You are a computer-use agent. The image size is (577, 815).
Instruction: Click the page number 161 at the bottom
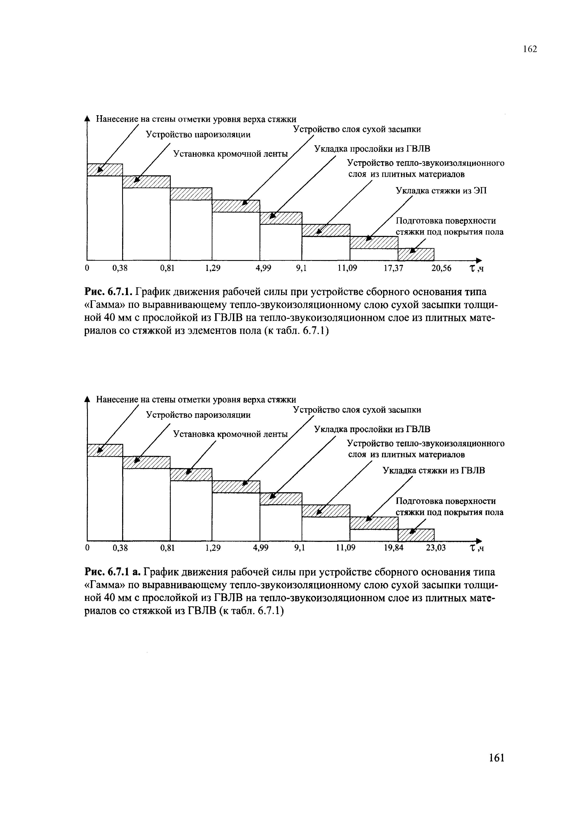(496, 768)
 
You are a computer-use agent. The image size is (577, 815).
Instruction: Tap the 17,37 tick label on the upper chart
(393, 268)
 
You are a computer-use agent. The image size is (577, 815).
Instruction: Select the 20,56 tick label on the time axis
(441, 268)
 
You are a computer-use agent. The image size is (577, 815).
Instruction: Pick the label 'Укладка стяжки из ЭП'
(441, 191)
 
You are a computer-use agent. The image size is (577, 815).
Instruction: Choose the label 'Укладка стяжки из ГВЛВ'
(434, 471)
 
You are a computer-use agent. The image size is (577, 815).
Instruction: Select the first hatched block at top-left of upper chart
(105, 170)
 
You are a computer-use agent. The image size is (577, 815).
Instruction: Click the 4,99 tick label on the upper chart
(263, 268)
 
